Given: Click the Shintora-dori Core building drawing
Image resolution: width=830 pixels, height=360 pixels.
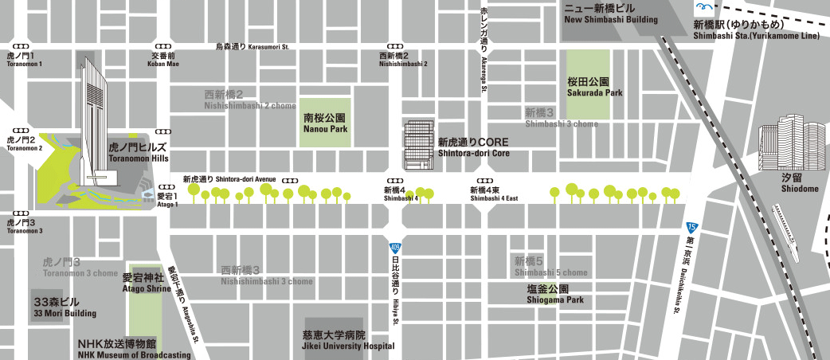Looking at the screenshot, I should (419, 146).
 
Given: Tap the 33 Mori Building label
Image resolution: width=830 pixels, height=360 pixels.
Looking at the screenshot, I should (64, 307).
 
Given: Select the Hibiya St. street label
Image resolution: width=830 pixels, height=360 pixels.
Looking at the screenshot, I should (394, 287).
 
